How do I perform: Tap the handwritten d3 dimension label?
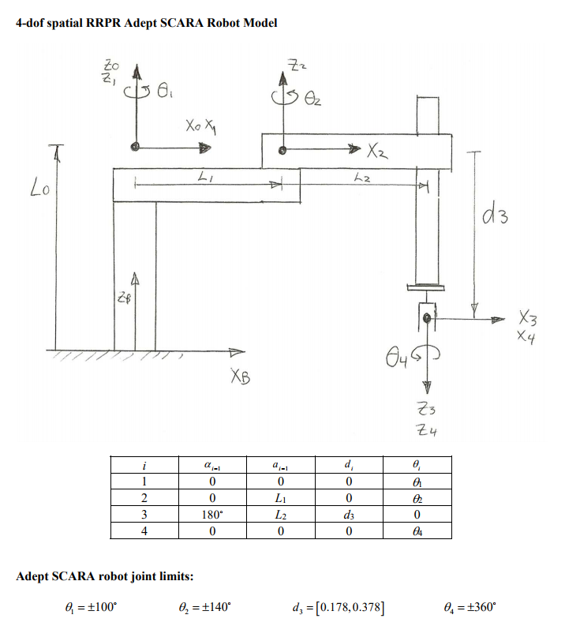(496, 215)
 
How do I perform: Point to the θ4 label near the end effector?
(396, 357)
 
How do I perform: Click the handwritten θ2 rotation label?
(312, 98)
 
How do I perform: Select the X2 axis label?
(377, 152)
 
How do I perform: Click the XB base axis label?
(240, 376)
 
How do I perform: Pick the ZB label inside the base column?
(124, 298)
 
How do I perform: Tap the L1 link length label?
(205, 177)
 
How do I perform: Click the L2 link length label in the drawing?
(362, 178)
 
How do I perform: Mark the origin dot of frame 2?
(282, 150)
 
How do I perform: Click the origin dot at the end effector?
(427, 318)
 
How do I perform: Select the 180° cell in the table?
(212, 514)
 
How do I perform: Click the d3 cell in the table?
(349, 515)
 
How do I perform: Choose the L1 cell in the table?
(280, 498)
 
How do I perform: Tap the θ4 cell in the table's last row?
(417, 531)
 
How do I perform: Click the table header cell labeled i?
(144, 465)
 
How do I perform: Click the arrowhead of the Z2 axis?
(283, 78)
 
